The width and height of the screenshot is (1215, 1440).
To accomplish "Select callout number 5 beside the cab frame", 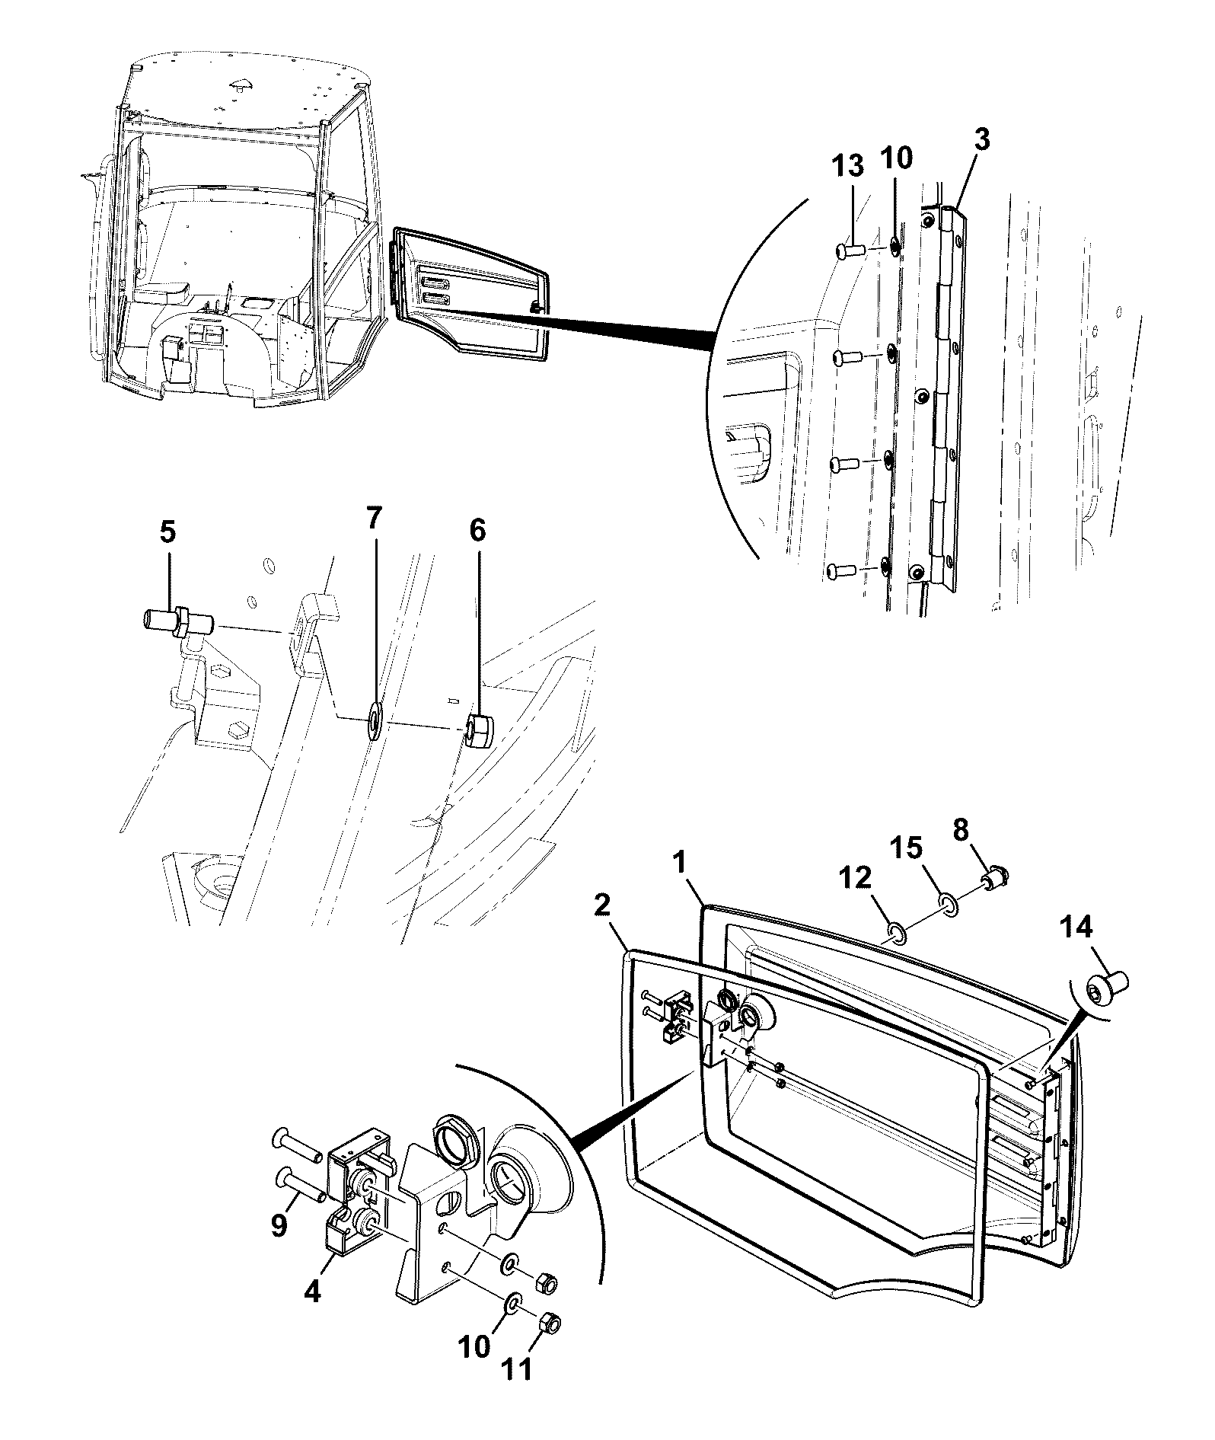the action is (168, 531).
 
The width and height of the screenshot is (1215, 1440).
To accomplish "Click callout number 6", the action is (477, 531).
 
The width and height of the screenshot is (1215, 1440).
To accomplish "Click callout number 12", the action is (855, 878).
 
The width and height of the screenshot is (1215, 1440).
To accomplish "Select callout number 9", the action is (279, 1247).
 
